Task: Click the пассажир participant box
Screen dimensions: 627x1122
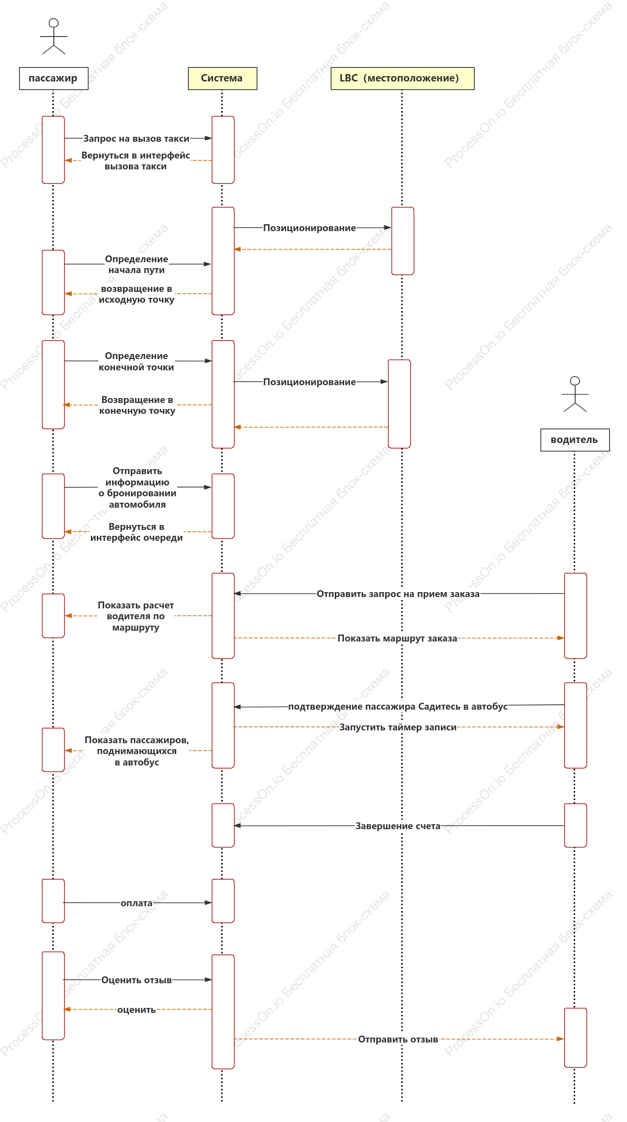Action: pos(54,79)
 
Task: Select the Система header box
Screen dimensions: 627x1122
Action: pos(223,79)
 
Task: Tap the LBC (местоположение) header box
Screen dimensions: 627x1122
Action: pos(402,79)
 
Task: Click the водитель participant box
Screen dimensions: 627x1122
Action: pos(575,440)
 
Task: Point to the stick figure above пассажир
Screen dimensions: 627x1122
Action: pos(54,37)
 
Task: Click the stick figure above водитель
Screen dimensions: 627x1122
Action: pos(575,394)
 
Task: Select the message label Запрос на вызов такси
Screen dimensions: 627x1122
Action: pos(136,139)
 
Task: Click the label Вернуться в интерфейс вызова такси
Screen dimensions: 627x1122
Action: pos(136,161)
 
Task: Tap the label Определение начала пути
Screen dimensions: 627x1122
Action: pos(137,265)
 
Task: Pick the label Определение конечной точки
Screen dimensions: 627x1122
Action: pos(136,361)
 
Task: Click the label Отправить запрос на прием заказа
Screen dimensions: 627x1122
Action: pos(398,594)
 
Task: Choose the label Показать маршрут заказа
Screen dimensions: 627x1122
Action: pos(397,639)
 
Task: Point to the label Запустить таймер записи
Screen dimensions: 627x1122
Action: pos(398,727)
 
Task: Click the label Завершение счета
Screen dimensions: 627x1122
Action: pos(398,826)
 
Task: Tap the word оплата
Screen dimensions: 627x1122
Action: pos(137,903)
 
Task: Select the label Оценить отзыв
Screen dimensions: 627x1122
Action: pos(137,980)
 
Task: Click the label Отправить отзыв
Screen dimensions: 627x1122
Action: pos(398,1040)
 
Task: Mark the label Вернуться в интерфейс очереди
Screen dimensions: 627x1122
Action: pos(137,532)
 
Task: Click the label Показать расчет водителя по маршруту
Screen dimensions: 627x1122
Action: pos(136,616)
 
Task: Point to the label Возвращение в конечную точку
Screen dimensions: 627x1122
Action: pos(137,405)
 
